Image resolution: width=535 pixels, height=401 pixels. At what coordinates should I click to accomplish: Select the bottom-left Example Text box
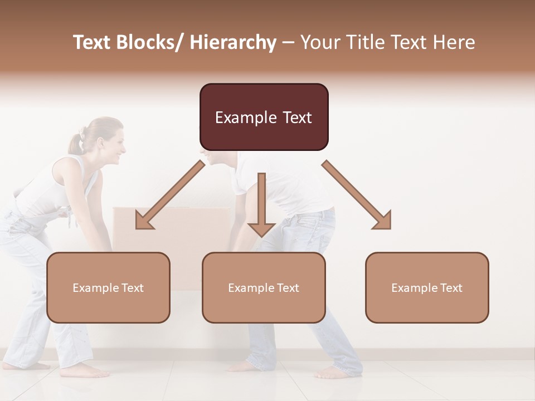click(x=108, y=288)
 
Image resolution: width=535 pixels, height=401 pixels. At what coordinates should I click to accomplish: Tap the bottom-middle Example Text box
click(x=264, y=288)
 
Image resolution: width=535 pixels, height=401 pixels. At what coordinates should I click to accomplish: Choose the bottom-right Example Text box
click(x=427, y=288)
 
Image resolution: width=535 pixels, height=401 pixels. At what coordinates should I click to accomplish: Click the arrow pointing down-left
click(x=170, y=195)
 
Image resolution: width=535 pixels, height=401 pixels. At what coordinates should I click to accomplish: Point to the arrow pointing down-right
click(x=357, y=195)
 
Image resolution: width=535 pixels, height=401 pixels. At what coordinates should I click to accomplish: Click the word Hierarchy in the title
click(x=233, y=42)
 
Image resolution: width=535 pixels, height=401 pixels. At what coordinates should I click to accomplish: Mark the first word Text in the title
click(x=93, y=42)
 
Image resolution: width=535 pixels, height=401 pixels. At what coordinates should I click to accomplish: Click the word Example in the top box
click(x=241, y=118)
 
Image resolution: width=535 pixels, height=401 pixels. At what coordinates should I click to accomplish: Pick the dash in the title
click(x=288, y=42)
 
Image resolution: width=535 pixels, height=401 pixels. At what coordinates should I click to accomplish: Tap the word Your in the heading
click(x=320, y=42)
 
